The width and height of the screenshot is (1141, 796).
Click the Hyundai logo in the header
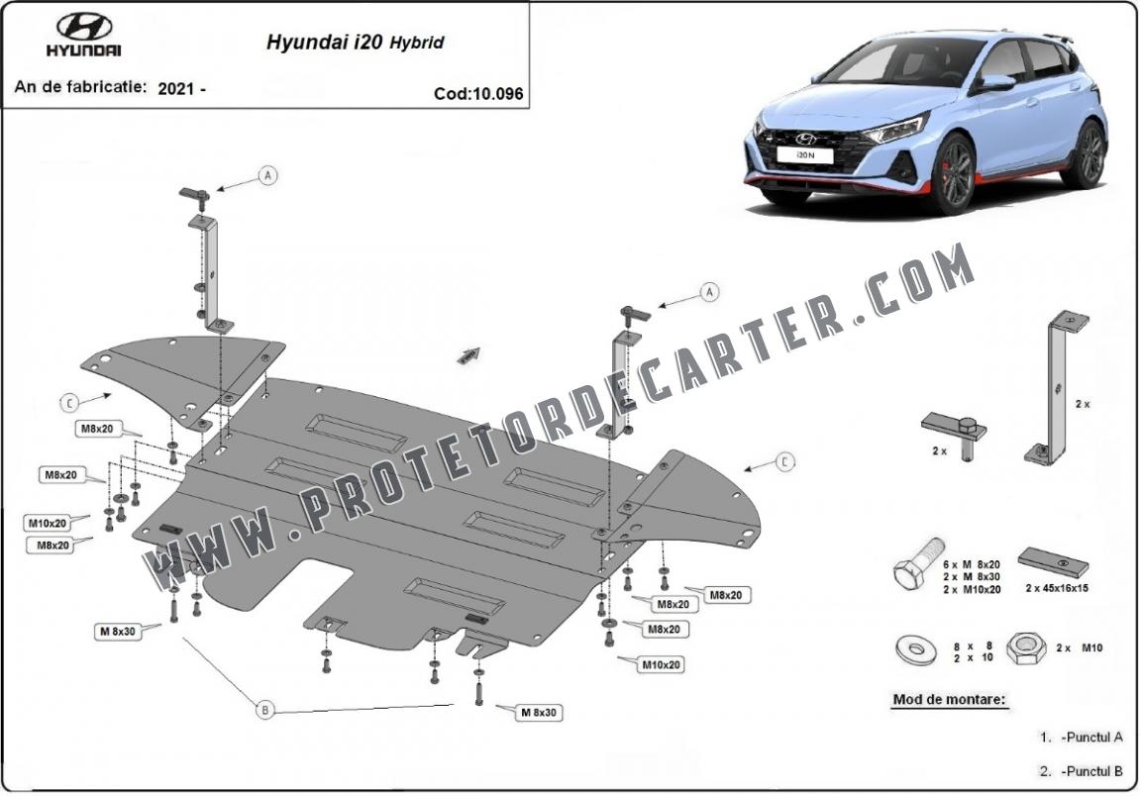83,35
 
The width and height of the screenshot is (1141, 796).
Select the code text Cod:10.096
478,94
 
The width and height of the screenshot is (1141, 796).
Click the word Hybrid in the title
416,43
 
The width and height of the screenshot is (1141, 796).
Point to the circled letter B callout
264,710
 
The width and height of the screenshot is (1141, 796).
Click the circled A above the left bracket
268,175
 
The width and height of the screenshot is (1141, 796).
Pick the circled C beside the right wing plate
784,461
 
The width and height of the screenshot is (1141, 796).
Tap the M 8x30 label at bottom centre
539,712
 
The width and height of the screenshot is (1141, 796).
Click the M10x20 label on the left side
48,523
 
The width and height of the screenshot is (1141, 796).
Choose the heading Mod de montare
950,700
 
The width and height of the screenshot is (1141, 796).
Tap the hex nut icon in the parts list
1026,647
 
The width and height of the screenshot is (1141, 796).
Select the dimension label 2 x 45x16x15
1057,588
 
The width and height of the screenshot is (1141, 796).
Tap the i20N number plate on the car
804,155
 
